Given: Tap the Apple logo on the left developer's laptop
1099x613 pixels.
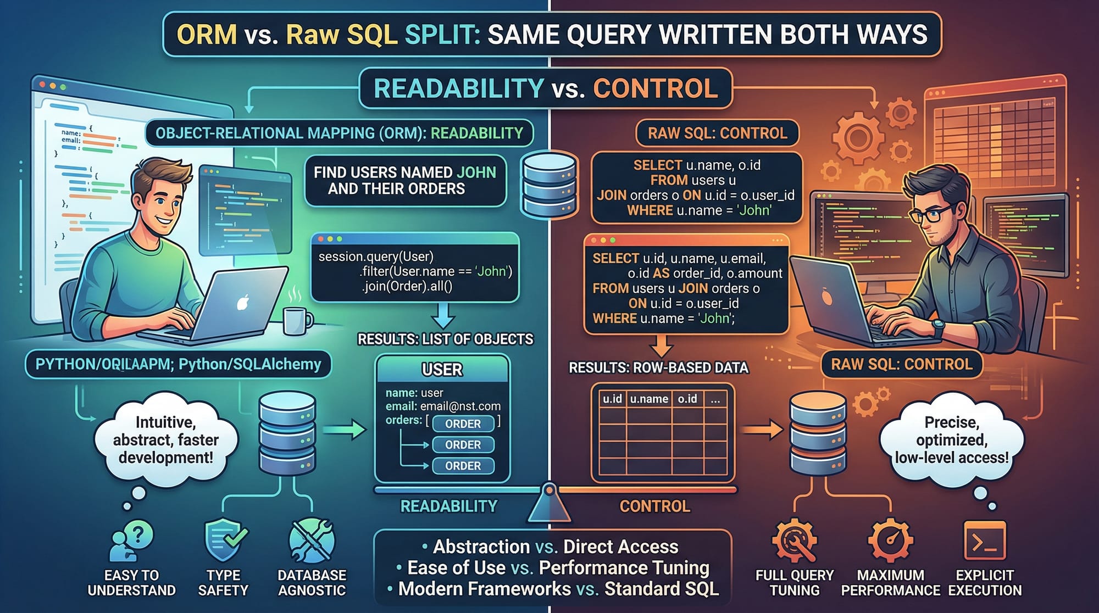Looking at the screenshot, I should click(243, 302).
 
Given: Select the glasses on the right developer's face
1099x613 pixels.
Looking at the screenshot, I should click(933, 214).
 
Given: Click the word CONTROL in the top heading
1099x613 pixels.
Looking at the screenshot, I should click(655, 88).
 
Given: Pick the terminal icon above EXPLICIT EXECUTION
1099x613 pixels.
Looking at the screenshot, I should click(985, 541).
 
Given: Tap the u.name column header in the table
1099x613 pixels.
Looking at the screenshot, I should click(649, 399).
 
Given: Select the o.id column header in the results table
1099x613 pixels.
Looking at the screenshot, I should click(687, 399).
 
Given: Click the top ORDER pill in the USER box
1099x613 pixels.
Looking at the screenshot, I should click(463, 424).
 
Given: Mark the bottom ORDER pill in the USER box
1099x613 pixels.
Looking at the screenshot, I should click(463, 466).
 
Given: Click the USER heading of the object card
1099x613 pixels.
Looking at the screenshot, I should click(442, 370).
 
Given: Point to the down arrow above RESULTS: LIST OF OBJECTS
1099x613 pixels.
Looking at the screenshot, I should click(443, 316).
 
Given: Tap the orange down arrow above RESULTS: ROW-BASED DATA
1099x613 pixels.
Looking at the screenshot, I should click(661, 346).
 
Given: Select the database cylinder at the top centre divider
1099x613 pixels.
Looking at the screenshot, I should click(549, 184).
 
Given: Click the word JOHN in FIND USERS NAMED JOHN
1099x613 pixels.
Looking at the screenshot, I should click(476, 172).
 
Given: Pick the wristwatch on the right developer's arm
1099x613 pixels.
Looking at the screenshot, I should click(938, 328).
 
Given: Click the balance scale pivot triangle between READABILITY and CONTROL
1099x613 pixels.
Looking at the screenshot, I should click(549, 503).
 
